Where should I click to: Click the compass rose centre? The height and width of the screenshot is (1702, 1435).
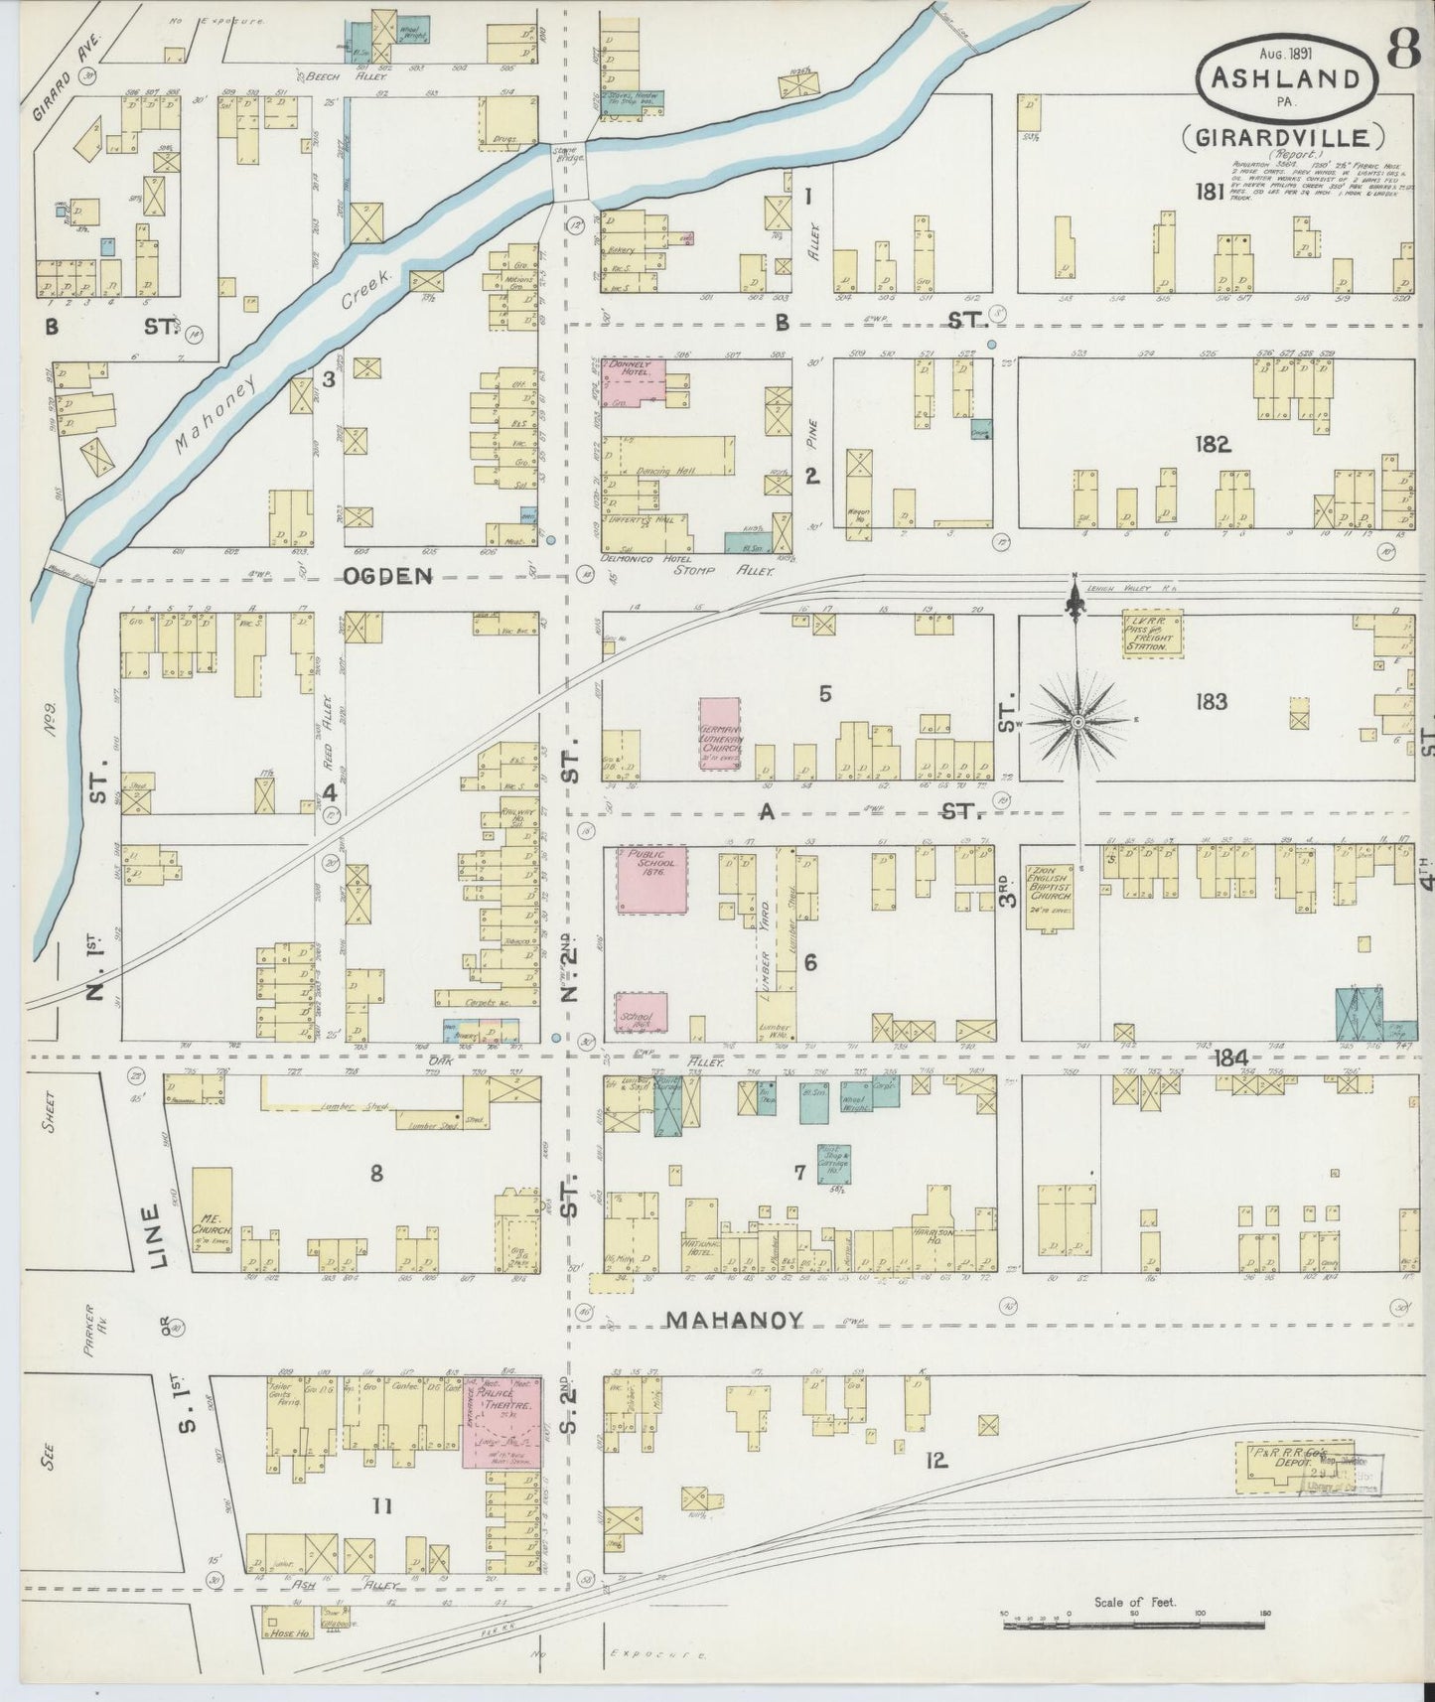click(x=1077, y=721)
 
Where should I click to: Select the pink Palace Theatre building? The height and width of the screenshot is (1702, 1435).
click(x=502, y=1422)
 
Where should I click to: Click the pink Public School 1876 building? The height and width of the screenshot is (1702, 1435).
click(x=650, y=880)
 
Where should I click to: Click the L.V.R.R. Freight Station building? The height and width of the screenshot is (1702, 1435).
click(x=1152, y=632)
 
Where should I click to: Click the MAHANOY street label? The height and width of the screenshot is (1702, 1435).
click(x=733, y=1320)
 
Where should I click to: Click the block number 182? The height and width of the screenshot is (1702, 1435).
click(x=1213, y=444)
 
